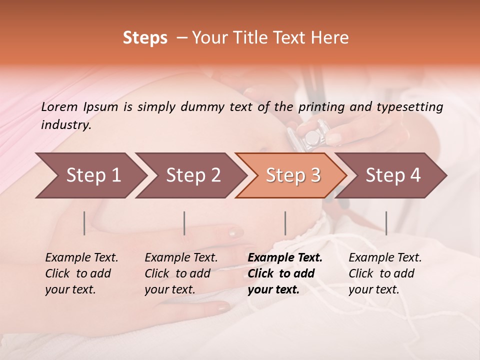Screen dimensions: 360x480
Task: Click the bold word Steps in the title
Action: [145, 38]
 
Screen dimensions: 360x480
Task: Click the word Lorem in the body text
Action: [59, 106]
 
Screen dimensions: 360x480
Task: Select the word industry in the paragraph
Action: [66, 125]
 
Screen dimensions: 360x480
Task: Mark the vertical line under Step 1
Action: [84, 223]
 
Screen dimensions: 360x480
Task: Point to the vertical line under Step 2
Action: [184, 223]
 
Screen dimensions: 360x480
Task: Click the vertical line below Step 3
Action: [285, 223]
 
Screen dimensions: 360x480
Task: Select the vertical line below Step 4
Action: [386, 223]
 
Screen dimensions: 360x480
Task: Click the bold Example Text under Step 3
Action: [285, 257]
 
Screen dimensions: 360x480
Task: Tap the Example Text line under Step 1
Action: [81, 257]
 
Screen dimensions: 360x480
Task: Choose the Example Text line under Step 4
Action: [385, 257]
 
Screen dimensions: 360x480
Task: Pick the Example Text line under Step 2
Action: [181, 257]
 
